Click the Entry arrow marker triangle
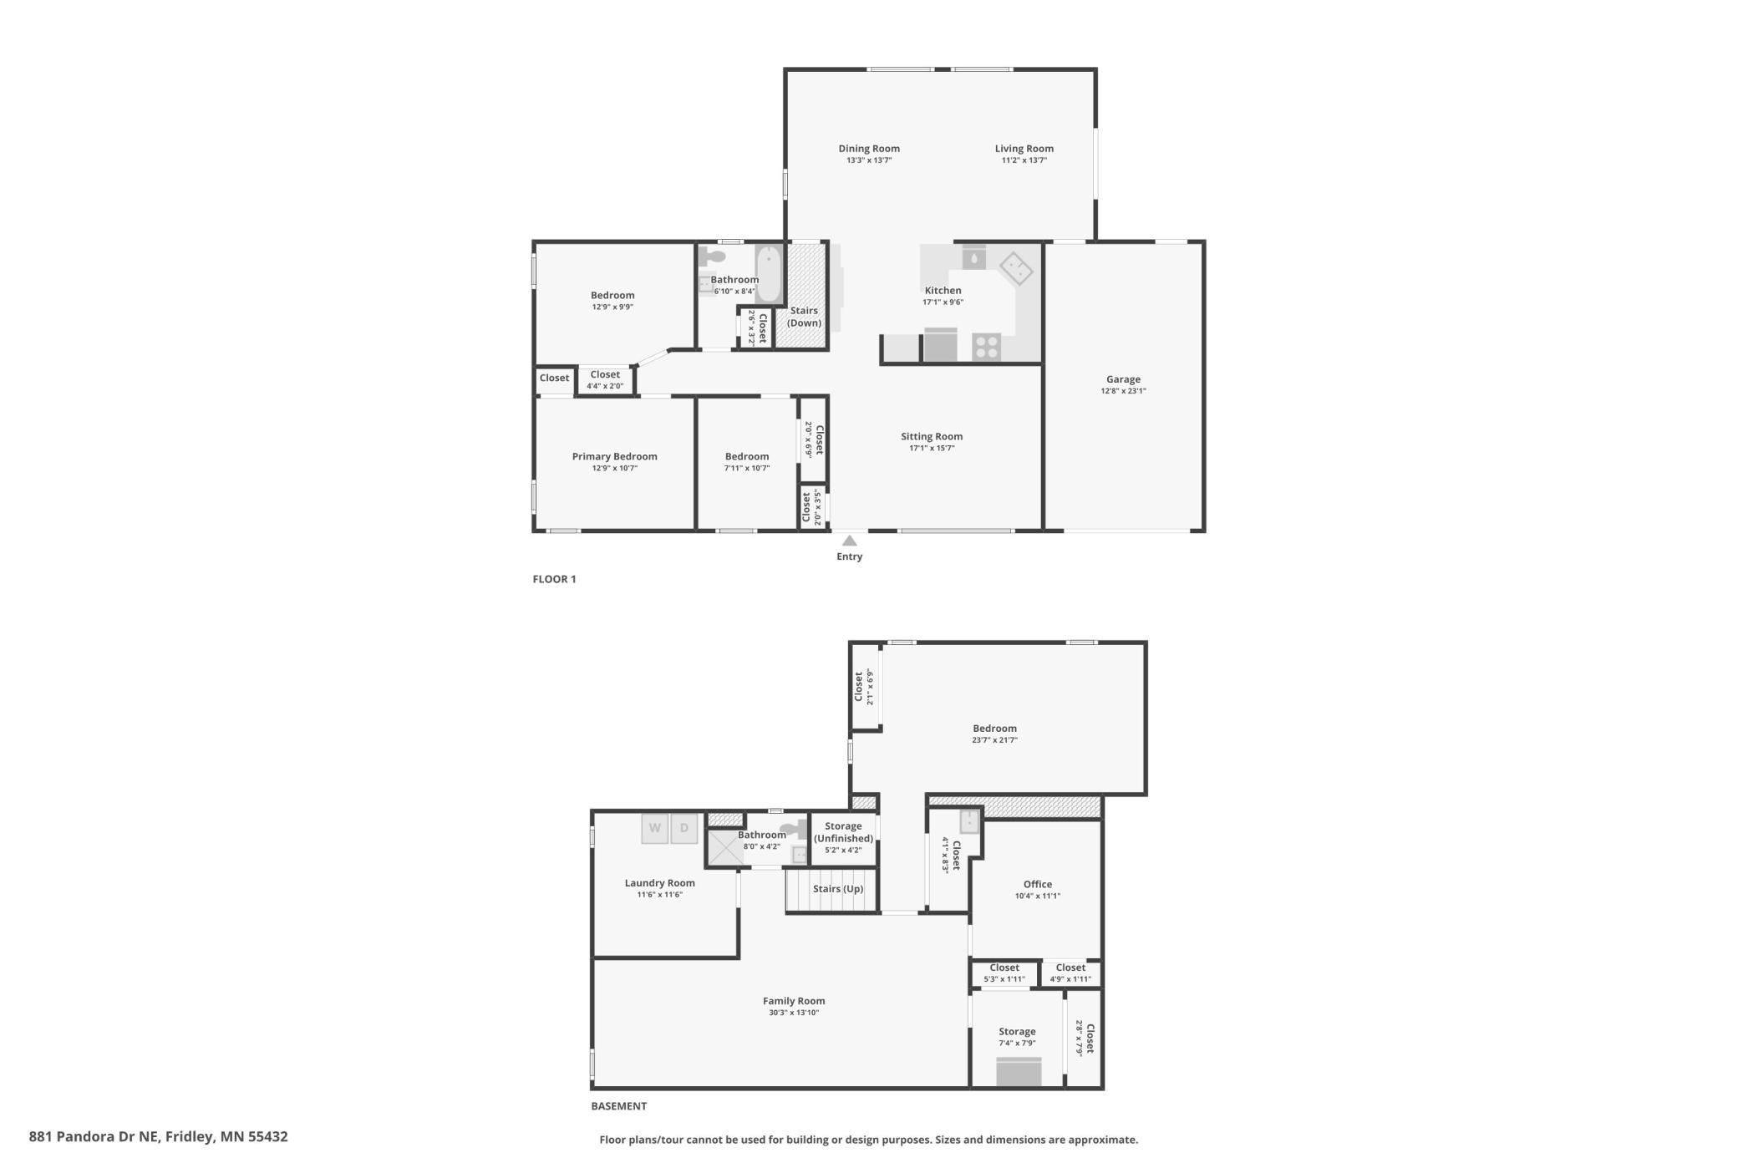coord(849,541)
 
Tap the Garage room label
coord(1123,379)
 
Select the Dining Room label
coord(869,149)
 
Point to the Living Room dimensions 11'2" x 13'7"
coord(1024,160)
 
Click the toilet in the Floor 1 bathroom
coord(712,255)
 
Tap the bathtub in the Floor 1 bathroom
coord(769,273)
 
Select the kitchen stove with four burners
coord(986,347)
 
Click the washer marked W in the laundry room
coord(655,829)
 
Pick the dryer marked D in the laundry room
coord(684,829)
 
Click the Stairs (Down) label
coord(804,317)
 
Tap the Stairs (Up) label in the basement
coord(838,889)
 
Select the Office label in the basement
coord(1038,884)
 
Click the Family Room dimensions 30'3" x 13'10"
coord(794,1013)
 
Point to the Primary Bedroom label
coord(614,456)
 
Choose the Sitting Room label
coord(932,436)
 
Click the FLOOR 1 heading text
coord(555,579)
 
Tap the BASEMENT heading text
coord(619,1106)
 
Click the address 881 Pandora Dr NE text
coord(94,1136)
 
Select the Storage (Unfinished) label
coord(843,832)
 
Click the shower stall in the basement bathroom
coord(725,847)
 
